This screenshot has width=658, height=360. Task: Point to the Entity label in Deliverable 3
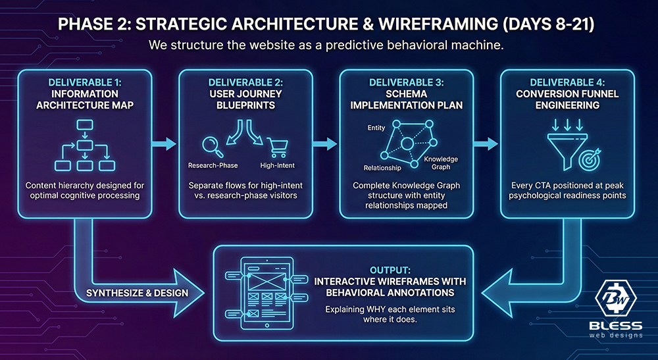[x=376, y=128]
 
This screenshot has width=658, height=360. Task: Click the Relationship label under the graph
[x=382, y=167]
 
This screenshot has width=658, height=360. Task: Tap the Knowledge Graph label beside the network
[x=441, y=162]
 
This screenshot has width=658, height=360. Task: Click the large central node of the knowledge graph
[x=407, y=143]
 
